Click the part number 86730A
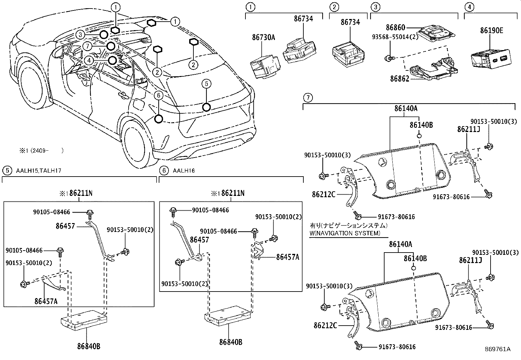263,37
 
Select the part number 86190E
492,31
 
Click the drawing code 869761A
497,349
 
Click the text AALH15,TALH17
38,171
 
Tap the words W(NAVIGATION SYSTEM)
345,233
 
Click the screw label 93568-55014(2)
395,37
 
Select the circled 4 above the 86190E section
469,7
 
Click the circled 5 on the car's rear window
206,84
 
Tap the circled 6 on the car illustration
158,95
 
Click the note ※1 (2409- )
41,151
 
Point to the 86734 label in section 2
350,22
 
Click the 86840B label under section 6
231,342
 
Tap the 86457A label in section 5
46,301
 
